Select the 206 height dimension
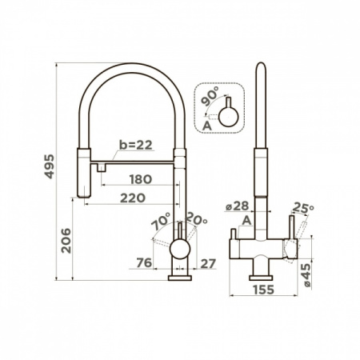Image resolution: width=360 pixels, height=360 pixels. (66, 241)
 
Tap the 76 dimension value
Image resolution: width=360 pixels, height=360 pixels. (145, 262)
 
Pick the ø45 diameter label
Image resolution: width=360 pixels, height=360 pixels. (306, 275)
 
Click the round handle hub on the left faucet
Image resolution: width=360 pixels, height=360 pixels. (180, 248)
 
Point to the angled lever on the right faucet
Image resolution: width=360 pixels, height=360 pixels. (300, 231)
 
